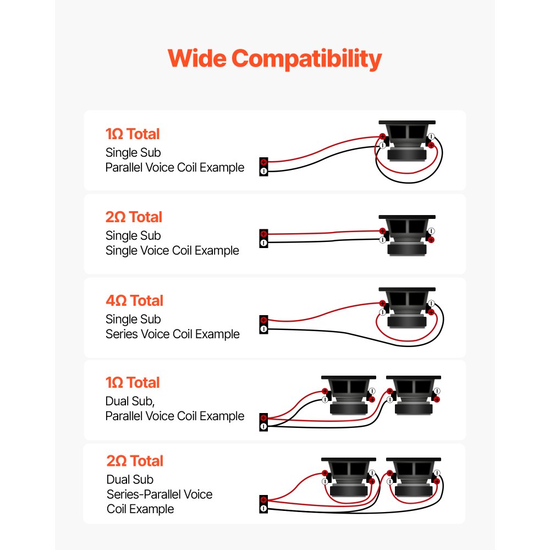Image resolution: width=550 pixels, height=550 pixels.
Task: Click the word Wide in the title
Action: click(x=197, y=58)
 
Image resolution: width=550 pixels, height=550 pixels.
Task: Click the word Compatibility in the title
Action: click(x=306, y=59)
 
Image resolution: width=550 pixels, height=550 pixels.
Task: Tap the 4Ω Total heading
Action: click(x=135, y=301)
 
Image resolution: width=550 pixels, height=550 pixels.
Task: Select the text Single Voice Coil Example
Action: click(x=172, y=250)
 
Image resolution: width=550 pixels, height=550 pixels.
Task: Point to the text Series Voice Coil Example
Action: click(x=173, y=334)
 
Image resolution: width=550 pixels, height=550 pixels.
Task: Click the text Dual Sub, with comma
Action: click(x=130, y=402)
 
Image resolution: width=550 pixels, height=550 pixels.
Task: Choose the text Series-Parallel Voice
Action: click(x=159, y=494)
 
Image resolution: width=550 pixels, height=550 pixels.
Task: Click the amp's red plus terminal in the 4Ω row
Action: click(x=264, y=320)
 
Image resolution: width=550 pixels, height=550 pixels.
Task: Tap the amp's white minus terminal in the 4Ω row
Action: click(x=264, y=329)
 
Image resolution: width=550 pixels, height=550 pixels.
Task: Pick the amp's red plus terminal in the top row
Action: click(x=264, y=162)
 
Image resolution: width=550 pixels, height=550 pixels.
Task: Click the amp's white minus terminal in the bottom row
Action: click(x=264, y=509)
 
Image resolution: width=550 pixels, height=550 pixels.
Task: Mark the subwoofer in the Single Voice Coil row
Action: click(x=407, y=235)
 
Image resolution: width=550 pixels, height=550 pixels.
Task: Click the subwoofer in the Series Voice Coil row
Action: click(x=407, y=307)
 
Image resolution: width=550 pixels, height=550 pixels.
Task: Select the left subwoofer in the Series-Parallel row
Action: click(x=349, y=477)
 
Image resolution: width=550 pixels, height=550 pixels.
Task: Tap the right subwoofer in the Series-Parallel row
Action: click(x=414, y=477)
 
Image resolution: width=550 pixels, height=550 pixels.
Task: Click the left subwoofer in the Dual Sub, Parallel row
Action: click(x=349, y=395)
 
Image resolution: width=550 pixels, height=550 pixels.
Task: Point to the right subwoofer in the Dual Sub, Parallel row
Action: click(x=414, y=395)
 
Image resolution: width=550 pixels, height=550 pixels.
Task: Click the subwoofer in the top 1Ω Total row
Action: click(x=407, y=141)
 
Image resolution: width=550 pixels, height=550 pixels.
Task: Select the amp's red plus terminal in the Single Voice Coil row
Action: click(x=264, y=234)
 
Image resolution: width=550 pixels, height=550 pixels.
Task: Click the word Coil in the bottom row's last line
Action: click(x=117, y=509)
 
